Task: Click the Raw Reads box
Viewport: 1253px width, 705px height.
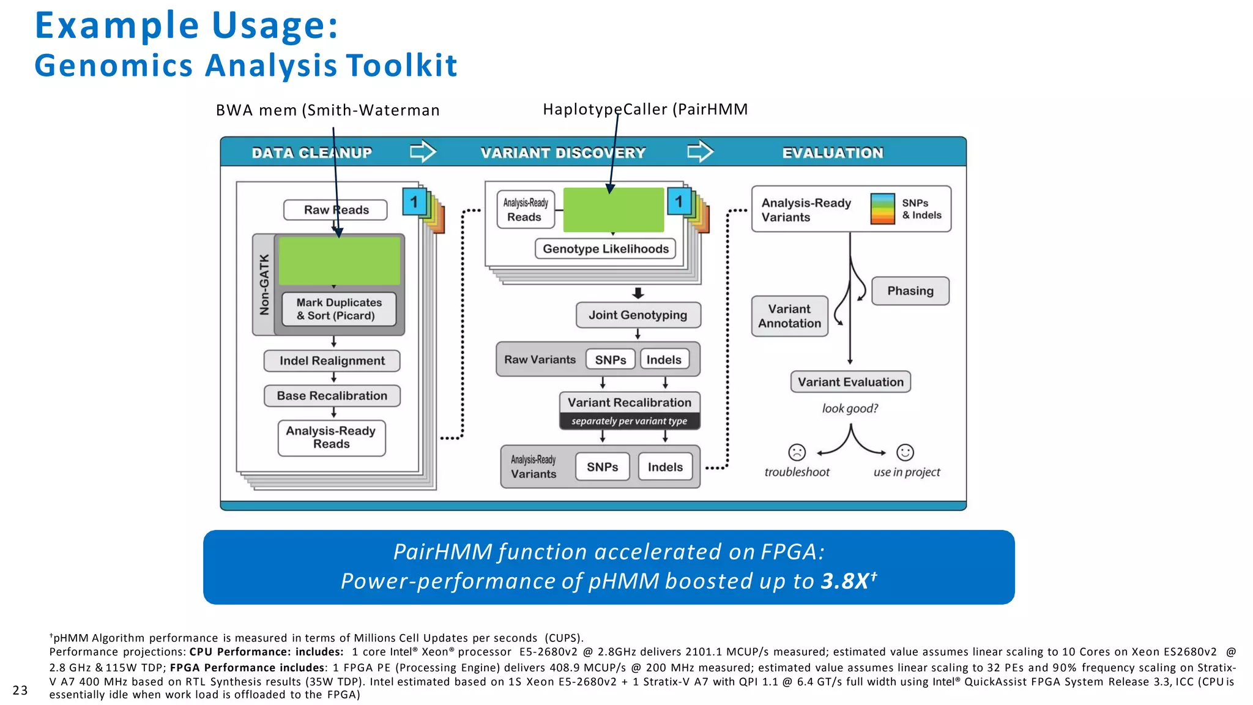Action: (335, 210)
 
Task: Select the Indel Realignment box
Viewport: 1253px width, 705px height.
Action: (332, 361)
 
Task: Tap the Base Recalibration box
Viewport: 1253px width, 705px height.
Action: (332, 396)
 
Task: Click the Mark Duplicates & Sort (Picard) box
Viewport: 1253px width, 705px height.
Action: (339, 309)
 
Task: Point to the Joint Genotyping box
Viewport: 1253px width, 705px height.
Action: (638, 315)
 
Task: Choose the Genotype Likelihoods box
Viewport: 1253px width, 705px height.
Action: (605, 249)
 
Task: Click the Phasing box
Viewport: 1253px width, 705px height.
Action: (910, 291)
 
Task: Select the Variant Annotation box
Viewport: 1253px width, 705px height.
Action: (789, 316)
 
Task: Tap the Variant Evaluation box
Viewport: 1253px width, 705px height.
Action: (850, 382)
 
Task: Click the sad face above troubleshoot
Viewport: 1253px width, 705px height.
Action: (797, 452)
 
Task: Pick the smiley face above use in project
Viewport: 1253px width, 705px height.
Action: (905, 452)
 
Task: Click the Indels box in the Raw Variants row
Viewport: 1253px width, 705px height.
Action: (664, 360)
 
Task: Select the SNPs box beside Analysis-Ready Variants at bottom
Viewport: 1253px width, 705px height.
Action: (602, 467)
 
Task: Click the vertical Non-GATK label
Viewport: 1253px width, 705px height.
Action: (264, 285)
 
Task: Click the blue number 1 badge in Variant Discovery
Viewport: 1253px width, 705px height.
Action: (679, 202)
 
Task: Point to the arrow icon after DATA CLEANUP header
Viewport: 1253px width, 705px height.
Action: (423, 151)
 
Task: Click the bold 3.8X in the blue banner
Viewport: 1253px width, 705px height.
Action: (844, 581)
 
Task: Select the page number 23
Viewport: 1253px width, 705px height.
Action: (20, 690)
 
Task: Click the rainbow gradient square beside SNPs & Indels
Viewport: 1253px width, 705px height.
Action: (882, 209)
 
